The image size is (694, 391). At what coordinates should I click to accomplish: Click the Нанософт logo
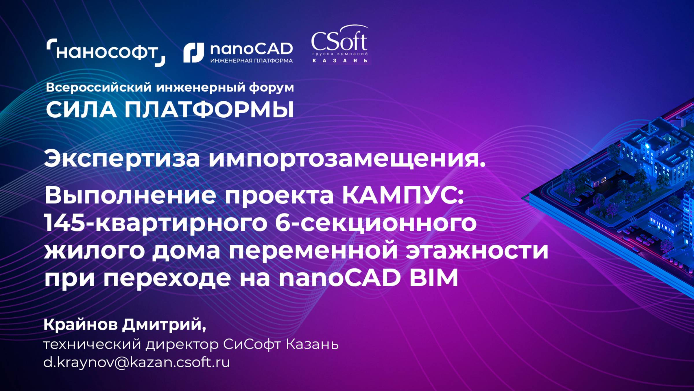[106, 52]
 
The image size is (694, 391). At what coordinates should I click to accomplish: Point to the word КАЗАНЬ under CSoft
[340, 61]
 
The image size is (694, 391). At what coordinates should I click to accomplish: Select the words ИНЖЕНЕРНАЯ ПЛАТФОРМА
[251, 61]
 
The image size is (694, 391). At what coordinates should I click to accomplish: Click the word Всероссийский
[99, 87]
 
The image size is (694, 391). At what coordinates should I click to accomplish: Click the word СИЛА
[81, 110]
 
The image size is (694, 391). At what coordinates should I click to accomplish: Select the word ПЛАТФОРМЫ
[209, 110]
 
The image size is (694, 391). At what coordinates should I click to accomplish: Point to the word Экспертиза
[122, 159]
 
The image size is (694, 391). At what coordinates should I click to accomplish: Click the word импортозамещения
[347, 159]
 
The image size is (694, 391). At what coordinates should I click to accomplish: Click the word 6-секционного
[376, 224]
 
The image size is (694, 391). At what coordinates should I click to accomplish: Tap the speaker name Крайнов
[81, 325]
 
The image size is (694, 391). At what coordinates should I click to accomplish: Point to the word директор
[182, 345]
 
